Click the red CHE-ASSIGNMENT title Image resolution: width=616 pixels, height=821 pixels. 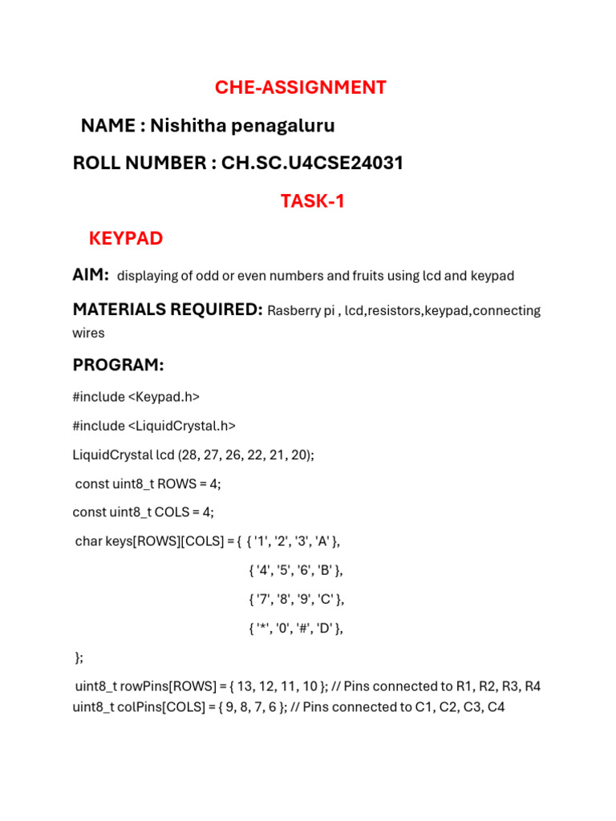click(x=300, y=87)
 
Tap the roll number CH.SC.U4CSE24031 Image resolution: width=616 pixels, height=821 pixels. click(x=312, y=164)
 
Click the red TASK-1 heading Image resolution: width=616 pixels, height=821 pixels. click(x=312, y=201)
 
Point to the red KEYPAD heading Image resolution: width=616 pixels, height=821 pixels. click(x=126, y=238)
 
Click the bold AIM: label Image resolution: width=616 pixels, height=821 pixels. click(x=91, y=275)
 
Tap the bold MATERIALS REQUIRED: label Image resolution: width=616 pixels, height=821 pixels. click(x=168, y=309)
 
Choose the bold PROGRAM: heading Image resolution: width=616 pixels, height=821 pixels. click(x=118, y=365)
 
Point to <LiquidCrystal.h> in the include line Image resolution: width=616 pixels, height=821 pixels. click(x=185, y=426)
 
